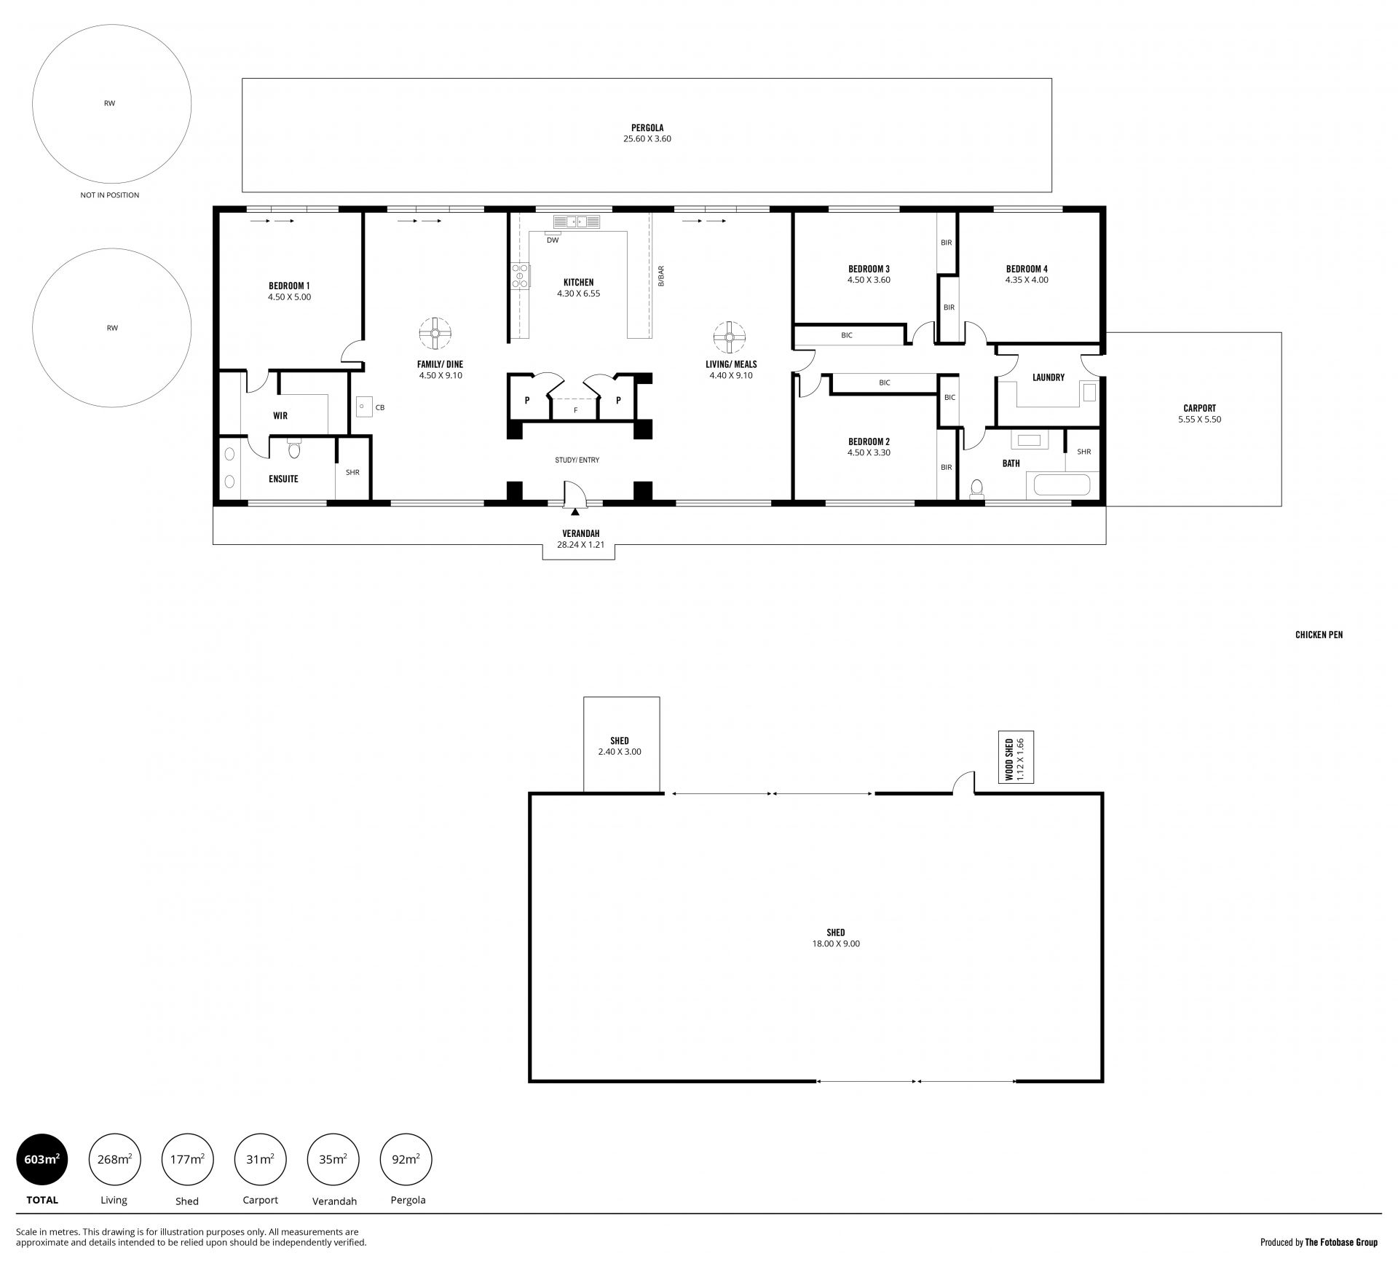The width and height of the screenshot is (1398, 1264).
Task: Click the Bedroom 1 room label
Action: [x=289, y=286]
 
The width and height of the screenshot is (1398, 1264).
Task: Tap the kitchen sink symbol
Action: [x=576, y=221]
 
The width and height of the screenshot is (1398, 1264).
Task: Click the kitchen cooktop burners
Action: [x=521, y=276]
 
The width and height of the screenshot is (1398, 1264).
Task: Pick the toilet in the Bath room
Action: [x=977, y=489]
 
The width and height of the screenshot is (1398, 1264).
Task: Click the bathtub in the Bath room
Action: [x=1058, y=485]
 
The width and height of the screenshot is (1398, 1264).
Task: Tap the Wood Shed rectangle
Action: [x=1016, y=758]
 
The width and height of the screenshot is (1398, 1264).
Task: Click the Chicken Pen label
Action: [x=1319, y=635]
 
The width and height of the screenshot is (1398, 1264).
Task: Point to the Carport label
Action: [x=1199, y=408]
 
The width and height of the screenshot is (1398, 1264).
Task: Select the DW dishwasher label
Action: [x=553, y=240]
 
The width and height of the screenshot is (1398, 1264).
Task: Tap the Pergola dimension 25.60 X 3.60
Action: [x=647, y=138]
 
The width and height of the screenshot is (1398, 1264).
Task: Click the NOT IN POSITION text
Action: [x=109, y=195]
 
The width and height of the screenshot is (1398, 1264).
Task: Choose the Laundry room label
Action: [x=1048, y=377]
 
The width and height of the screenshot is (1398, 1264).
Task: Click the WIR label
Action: [x=280, y=416]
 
